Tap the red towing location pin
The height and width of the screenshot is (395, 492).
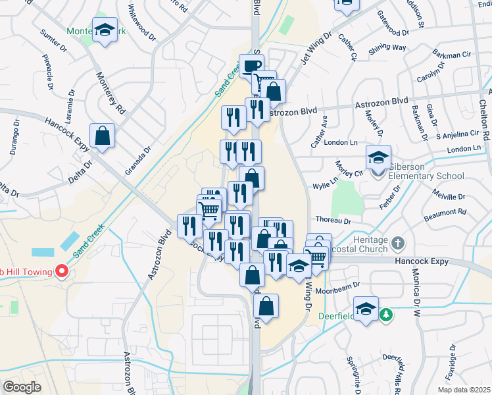(62, 271)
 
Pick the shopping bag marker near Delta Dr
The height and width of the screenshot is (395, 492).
(103, 136)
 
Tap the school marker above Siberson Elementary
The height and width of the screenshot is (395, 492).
(378, 158)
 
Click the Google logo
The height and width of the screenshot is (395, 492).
(22, 386)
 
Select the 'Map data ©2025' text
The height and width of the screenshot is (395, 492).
(464, 389)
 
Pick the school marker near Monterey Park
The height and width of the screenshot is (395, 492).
(104, 30)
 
